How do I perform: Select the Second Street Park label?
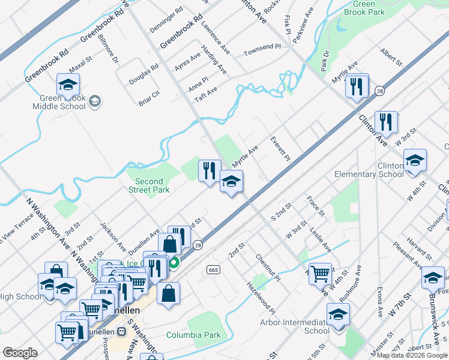(149, 185)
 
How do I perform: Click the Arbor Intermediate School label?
(308, 326)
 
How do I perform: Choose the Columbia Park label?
(193, 335)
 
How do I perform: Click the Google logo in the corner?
(20, 353)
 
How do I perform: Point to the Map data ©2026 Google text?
(411, 355)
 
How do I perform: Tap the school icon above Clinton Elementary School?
(415, 161)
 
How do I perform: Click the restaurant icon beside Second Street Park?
(209, 170)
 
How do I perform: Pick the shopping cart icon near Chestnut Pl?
(321, 274)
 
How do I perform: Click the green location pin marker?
(173, 263)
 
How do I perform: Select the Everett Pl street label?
(280, 147)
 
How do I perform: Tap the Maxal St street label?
(79, 61)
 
